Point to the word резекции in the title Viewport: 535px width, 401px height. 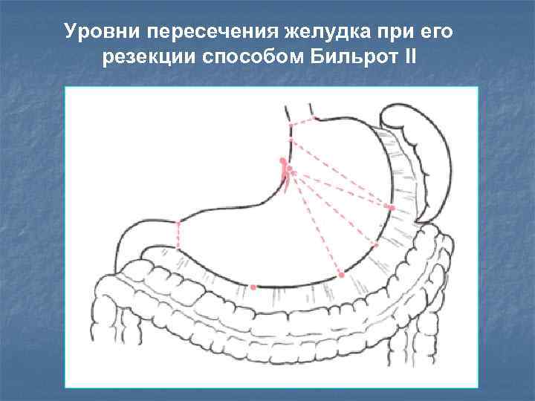[146, 57]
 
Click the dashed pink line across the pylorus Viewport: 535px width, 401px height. [178, 235]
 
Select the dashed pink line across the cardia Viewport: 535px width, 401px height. [303, 120]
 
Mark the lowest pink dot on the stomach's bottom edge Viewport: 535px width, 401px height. [254, 287]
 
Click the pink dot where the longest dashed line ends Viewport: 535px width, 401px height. [342, 275]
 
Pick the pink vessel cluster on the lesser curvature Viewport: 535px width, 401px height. [285, 172]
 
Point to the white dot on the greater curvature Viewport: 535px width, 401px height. [376, 244]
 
